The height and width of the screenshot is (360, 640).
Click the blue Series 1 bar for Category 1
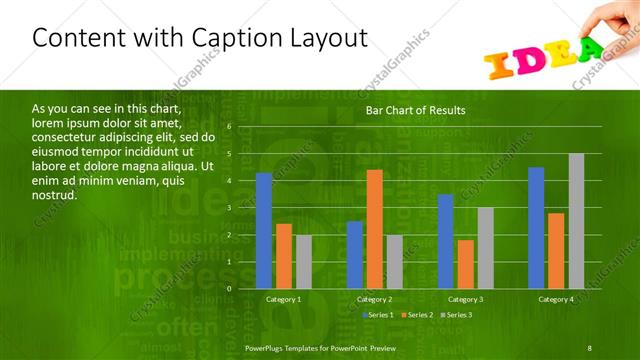(x=264, y=231)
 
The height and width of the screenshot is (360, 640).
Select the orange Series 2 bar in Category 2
(x=374, y=229)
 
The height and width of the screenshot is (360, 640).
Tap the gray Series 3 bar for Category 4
(x=576, y=221)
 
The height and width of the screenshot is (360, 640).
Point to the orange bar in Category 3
(x=465, y=264)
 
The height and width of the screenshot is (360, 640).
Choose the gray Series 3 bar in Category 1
(x=303, y=262)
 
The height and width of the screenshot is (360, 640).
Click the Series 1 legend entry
(x=377, y=315)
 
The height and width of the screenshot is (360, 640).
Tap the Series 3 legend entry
(x=456, y=315)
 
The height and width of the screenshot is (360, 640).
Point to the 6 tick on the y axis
(x=229, y=127)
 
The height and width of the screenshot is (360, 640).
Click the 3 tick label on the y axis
(x=229, y=208)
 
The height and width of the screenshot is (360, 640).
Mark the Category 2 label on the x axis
(x=374, y=299)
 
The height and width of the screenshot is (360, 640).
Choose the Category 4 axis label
(x=556, y=299)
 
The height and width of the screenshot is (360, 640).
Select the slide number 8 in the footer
(x=590, y=346)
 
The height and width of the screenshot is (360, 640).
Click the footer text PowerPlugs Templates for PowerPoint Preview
(x=320, y=346)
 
